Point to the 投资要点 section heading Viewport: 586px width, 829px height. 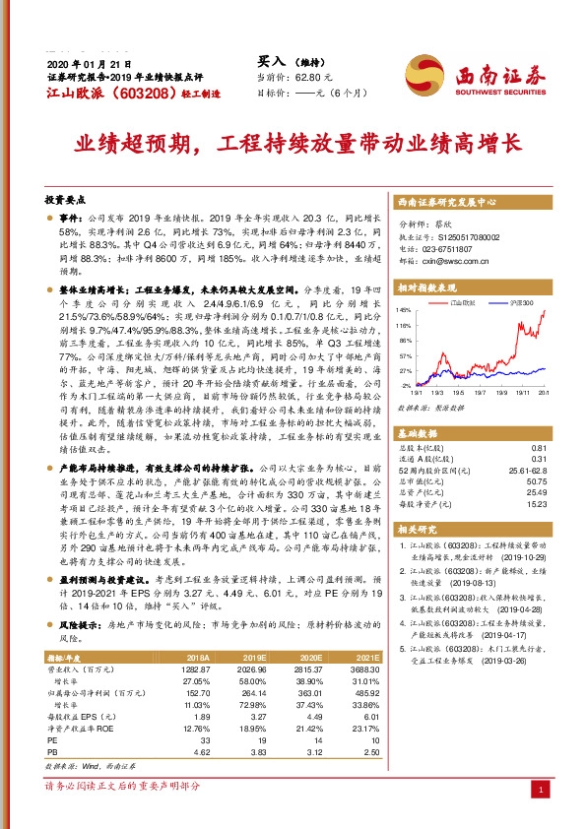click(67, 197)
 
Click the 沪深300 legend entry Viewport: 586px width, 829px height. click(520, 304)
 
